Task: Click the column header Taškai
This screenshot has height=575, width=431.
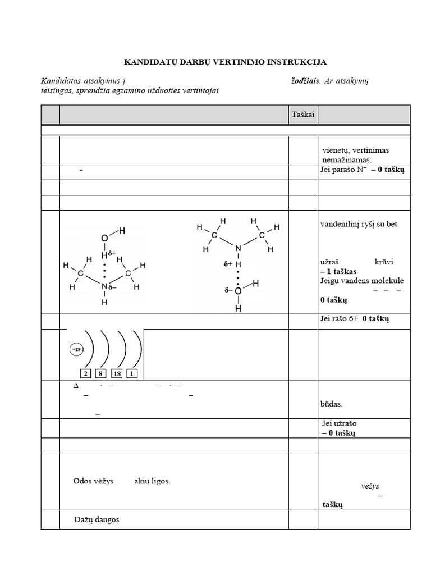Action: point(302,115)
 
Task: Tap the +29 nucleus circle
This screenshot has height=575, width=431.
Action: point(76,349)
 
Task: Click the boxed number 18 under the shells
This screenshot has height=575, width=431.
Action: point(117,373)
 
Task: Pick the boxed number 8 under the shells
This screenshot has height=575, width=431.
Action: point(102,373)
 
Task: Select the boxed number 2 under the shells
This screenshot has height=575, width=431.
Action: point(86,373)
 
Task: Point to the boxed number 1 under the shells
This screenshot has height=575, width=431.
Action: point(132,373)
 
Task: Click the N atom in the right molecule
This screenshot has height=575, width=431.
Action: point(238,248)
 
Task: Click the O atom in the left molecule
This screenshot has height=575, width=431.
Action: point(104,239)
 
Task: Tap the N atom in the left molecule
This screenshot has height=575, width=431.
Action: point(104,287)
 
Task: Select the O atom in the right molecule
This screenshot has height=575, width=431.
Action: point(238,291)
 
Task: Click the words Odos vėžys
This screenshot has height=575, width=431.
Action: point(94,481)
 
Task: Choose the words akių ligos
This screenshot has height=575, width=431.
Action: point(151,481)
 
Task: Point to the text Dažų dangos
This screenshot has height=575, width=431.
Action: point(97,519)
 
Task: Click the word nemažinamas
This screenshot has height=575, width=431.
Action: point(347,160)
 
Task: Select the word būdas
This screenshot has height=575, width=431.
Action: point(332,404)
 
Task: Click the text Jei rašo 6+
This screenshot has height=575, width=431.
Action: point(339,319)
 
